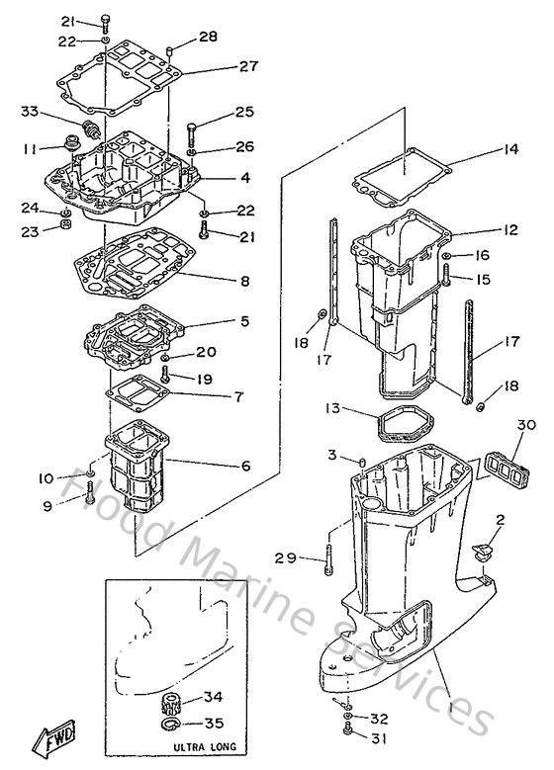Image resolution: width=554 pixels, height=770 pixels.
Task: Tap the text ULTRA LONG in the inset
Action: [x=202, y=748]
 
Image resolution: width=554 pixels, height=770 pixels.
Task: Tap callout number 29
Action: [x=286, y=558]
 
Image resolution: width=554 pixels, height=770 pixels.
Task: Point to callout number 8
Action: [x=243, y=281]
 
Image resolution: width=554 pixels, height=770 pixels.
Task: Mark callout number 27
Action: [x=248, y=66]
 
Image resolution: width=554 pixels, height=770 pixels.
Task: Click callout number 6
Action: [x=244, y=466]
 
